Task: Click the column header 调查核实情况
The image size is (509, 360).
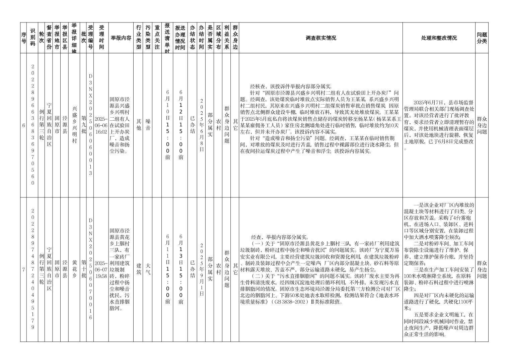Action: [x=320, y=38]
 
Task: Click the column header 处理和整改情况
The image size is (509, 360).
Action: [x=439, y=38]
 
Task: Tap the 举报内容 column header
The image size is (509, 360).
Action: [x=121, y=38]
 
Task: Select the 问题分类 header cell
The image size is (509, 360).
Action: [x=482, y=38]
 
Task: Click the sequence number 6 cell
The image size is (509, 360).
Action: [x=23, y=125]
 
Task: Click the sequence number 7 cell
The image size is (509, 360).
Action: [x=23, y=269]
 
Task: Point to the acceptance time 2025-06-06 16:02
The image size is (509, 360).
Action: [x=101, y=125]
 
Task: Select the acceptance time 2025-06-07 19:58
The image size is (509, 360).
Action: [x=101, y=269]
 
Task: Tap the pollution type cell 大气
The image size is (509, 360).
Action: [x=148, y=269]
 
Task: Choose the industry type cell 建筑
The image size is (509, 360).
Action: [x=138, y=269]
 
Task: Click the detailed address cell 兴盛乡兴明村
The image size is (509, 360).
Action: [x=74, y=125]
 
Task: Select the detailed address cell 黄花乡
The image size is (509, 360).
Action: [x=74, y=269]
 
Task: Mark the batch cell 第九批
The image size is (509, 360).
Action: [x=83, y=125]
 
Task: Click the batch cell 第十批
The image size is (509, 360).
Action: [x=83, y=269]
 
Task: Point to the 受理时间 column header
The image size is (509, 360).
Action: [x=101, y=38]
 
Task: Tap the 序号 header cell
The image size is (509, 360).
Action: [x=23, y=38]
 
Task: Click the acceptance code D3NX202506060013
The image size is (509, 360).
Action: [x=90, y=125]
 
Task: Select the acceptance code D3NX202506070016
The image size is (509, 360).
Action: [x=90, y=269]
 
